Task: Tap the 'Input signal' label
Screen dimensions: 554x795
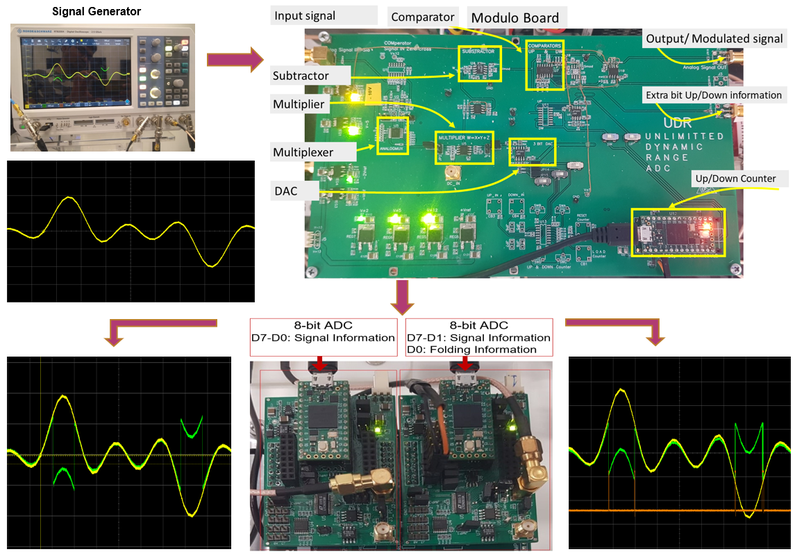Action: pos(305,15)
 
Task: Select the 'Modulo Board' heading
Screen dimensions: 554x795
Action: pos(514,17)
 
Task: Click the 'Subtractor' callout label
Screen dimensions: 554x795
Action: pos(301,75)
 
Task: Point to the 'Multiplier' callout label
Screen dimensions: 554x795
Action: pos(299,104)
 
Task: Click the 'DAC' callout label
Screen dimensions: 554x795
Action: pos(285,190)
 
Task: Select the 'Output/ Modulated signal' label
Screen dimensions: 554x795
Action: pos(714,39)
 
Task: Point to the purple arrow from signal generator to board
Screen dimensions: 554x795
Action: pos(231,60)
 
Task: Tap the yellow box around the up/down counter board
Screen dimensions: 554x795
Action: pos(678,231)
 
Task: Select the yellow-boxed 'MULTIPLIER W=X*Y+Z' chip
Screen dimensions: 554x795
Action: pos(464,147)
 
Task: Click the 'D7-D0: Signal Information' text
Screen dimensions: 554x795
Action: pos(323,338)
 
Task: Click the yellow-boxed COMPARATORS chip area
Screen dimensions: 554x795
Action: pos(544,65)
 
